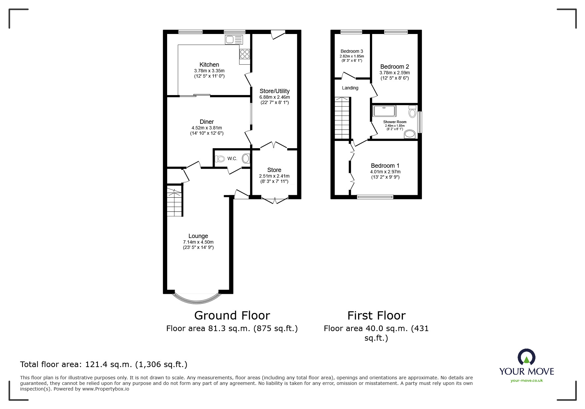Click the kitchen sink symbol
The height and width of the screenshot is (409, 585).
coord(234,40)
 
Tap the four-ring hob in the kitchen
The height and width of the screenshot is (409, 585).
coord(245,54)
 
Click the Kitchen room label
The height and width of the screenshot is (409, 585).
coord(209,65)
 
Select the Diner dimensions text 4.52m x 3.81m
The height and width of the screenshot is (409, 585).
coord(207,128)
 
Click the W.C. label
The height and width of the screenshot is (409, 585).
coord(232,159)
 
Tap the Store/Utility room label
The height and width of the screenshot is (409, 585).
coord(274,91)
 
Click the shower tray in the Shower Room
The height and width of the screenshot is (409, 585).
coord(384,111)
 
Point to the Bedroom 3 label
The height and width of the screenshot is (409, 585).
coord(352,51)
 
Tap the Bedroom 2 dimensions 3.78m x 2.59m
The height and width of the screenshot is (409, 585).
coord(394,73)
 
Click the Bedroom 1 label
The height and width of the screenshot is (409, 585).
coord(385,166)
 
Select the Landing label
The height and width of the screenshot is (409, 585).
coord(350,88)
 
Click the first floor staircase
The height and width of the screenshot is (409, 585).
coord(342,118)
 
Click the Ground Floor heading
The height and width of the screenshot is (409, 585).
coord(232,316)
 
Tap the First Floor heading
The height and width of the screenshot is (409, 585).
coord(376,316)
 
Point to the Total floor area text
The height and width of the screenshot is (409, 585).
coord(104,364)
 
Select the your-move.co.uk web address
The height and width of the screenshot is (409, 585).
coord(527,381)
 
